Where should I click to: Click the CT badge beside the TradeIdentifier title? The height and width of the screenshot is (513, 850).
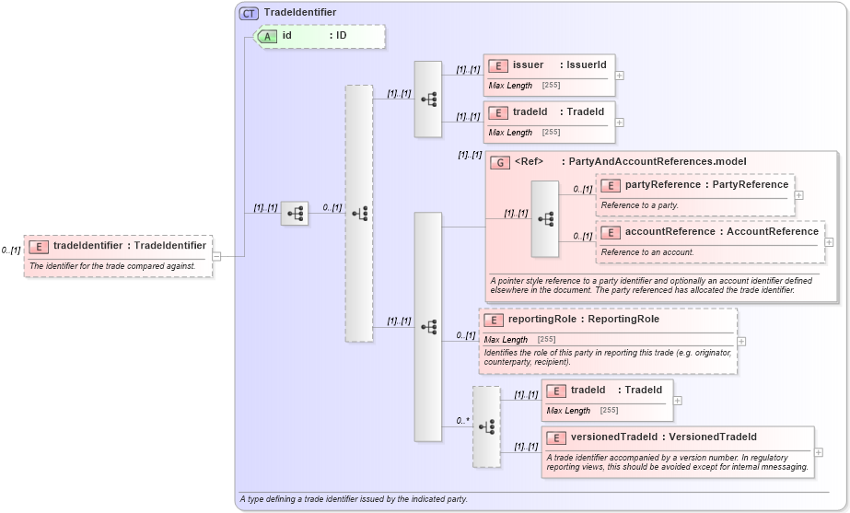[x=249, y=13]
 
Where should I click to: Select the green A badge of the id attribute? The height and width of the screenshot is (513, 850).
[x=267, y=36]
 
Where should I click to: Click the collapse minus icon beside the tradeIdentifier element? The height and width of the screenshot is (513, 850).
[x=216, y=256]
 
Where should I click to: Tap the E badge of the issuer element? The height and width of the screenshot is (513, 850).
[x=498, y=65]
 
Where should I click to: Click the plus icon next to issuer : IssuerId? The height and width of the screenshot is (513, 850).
[x=620, y=76]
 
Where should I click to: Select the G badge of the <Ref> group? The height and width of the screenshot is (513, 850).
[x=501, y=162]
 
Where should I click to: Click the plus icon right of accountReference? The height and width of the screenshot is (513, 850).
[x=830, y=242]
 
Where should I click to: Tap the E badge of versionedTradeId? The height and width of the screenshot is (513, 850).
[x=555, y=437]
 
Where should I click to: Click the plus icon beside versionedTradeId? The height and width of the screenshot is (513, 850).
[x=819, y=452]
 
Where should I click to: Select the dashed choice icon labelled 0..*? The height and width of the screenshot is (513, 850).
[x=486, y=426]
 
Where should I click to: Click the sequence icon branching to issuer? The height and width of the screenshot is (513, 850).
[x=428, y=99]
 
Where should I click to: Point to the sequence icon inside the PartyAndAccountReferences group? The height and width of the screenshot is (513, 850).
[x=545, y=218]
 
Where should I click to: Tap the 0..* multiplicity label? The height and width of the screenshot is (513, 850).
[x=462, y=421]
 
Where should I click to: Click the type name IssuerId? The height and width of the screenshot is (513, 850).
[x=586, y=64]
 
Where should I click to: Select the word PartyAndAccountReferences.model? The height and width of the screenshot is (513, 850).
[x=657, y=162]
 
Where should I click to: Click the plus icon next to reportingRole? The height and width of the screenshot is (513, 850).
[x=741, y=341]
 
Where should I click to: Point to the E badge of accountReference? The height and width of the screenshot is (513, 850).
[x=611, y=232]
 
